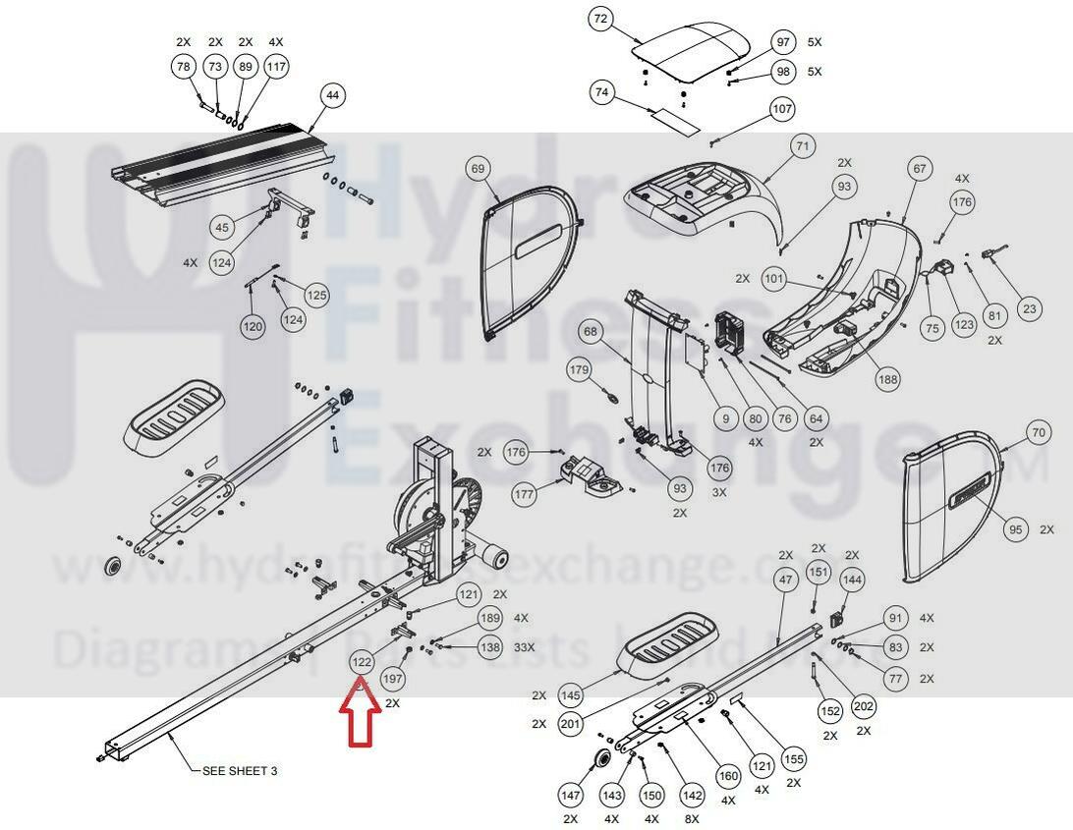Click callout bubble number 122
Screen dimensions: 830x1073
tap(362, 663)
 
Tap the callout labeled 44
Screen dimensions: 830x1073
tap(332, 95)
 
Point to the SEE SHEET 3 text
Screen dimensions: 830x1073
tap(240, 771)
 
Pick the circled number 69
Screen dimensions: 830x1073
tap(478, 170)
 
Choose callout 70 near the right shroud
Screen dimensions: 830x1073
tap(1039, 432)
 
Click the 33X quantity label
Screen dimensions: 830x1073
tap(525, 647)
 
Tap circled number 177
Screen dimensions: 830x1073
tap(525, 496)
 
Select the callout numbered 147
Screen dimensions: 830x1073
tap(571, 794)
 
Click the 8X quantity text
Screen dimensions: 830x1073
tap(692, 818)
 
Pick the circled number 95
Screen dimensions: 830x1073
tap(1016, 529)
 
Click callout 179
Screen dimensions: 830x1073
tap(580, 370)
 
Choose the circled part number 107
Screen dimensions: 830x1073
tap(782, 109)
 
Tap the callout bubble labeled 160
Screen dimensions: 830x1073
tap(728, 776)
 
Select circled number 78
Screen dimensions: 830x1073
tap(184, 67)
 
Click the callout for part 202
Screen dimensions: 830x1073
tap(864, 706)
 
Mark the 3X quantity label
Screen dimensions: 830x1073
tap(719, 492)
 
